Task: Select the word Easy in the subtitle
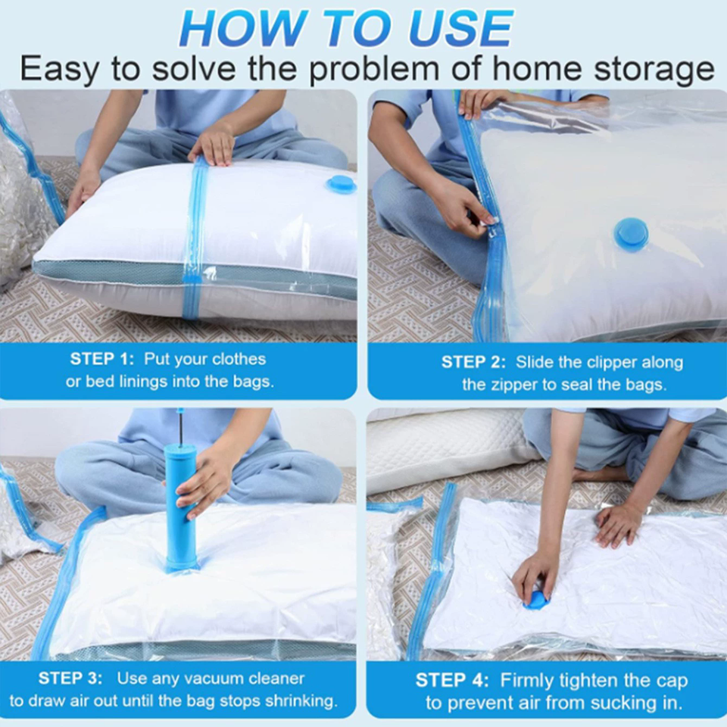pos(60,70)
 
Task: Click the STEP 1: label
pos(102,359)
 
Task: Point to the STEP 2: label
pos(473,362)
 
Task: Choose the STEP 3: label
pos(70,679)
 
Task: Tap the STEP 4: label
pos(452,681)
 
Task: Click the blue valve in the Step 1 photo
pos(342,185)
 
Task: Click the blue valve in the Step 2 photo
pos(631,235)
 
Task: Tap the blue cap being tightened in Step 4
pos(535,601)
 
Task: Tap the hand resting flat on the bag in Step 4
pos(617,526)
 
